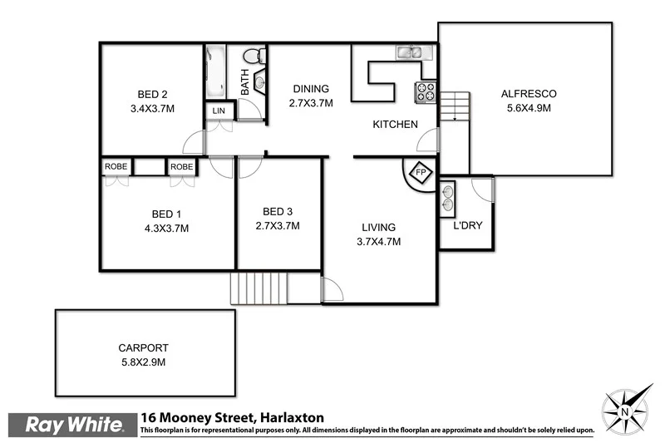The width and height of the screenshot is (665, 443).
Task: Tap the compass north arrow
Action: (x=626, y=410)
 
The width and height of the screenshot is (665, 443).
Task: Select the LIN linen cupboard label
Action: (x=219, y=111)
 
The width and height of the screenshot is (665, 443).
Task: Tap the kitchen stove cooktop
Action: (x=426, y=91)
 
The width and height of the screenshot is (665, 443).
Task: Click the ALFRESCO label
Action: (x=528, y=93)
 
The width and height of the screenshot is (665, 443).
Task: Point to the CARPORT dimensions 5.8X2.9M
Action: (x=143, y=362)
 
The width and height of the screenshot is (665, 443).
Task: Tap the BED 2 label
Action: (x=153, y=93)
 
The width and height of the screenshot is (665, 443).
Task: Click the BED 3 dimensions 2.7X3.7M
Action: (x=277, y=225)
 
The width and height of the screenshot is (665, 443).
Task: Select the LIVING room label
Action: (x=377, y=227)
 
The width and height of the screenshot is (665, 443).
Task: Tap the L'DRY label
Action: (x=467, y=227)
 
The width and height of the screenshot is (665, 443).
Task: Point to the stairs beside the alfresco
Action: (x=456, y=106)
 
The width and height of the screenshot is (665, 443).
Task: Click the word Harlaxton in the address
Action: (x=292, y=417)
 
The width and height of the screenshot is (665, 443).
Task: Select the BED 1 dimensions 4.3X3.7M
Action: (x=166, y=228)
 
